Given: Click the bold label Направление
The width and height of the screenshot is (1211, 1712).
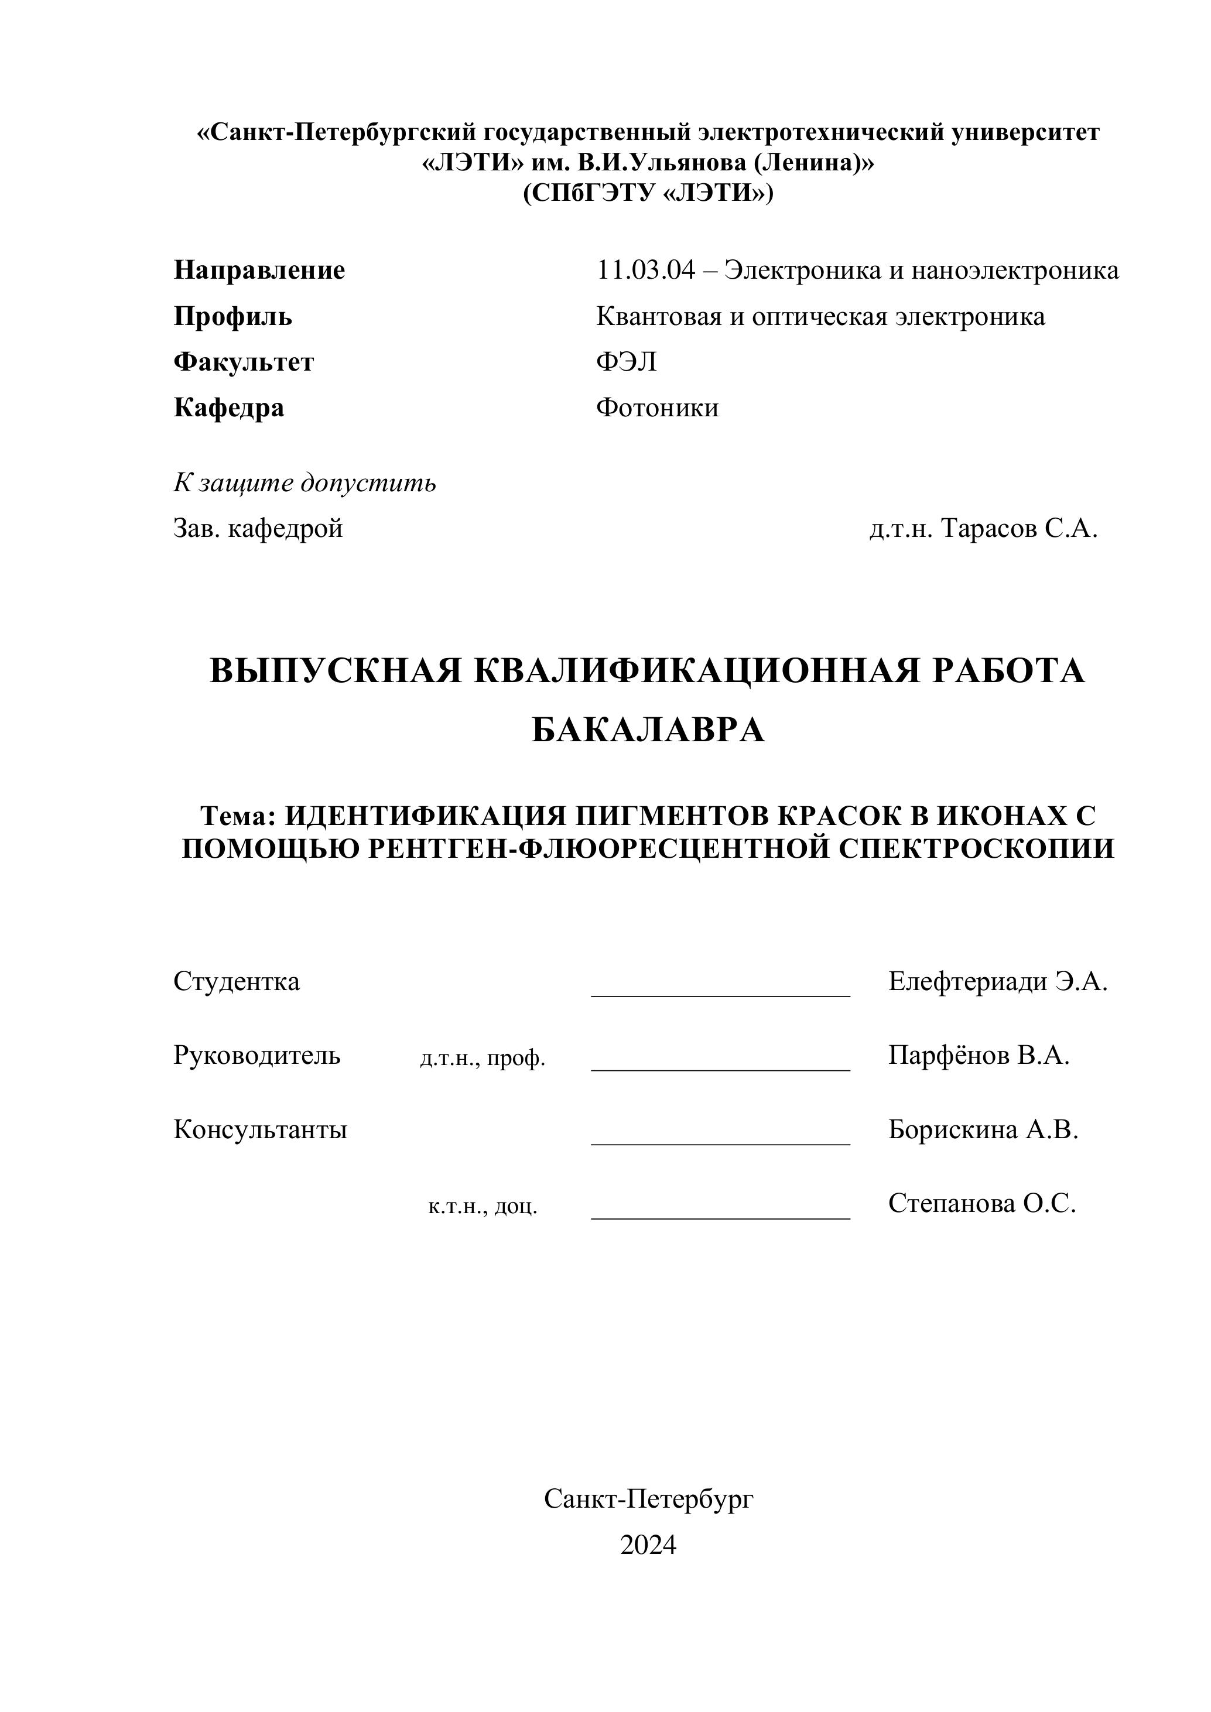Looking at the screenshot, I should [x=259, y=270].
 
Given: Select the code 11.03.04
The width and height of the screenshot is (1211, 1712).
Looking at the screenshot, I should [x=645, y=270].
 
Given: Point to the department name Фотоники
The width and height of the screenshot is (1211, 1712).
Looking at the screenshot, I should [x=657, y=408].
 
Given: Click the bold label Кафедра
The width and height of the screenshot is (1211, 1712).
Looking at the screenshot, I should [x=228, y=408].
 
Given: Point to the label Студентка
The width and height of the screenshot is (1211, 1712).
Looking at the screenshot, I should [x=237, y=981].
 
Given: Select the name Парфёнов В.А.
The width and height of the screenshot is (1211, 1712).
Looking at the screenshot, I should [x=979, y=1055].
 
